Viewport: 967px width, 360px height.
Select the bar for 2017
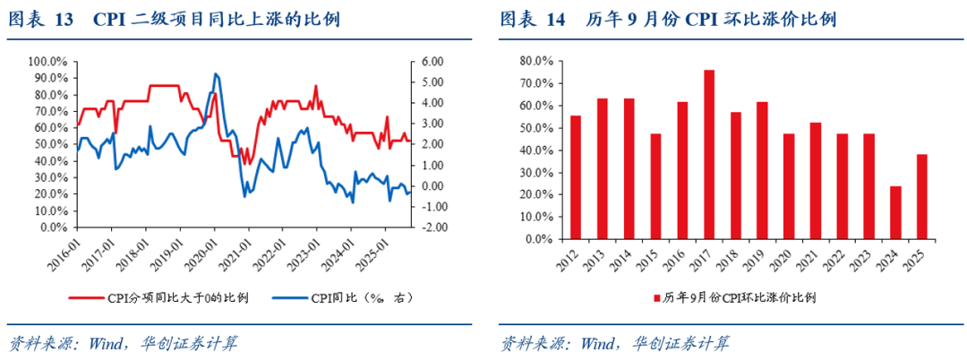(708, 154)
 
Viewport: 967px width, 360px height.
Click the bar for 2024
(895, 213)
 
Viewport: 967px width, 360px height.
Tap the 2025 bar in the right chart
(922, 197)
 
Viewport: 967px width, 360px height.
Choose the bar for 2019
(762, 170)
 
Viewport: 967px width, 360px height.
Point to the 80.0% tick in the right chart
(535, 61)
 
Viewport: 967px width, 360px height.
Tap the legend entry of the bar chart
(734, 297)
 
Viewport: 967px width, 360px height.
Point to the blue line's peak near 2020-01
(216, 73)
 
